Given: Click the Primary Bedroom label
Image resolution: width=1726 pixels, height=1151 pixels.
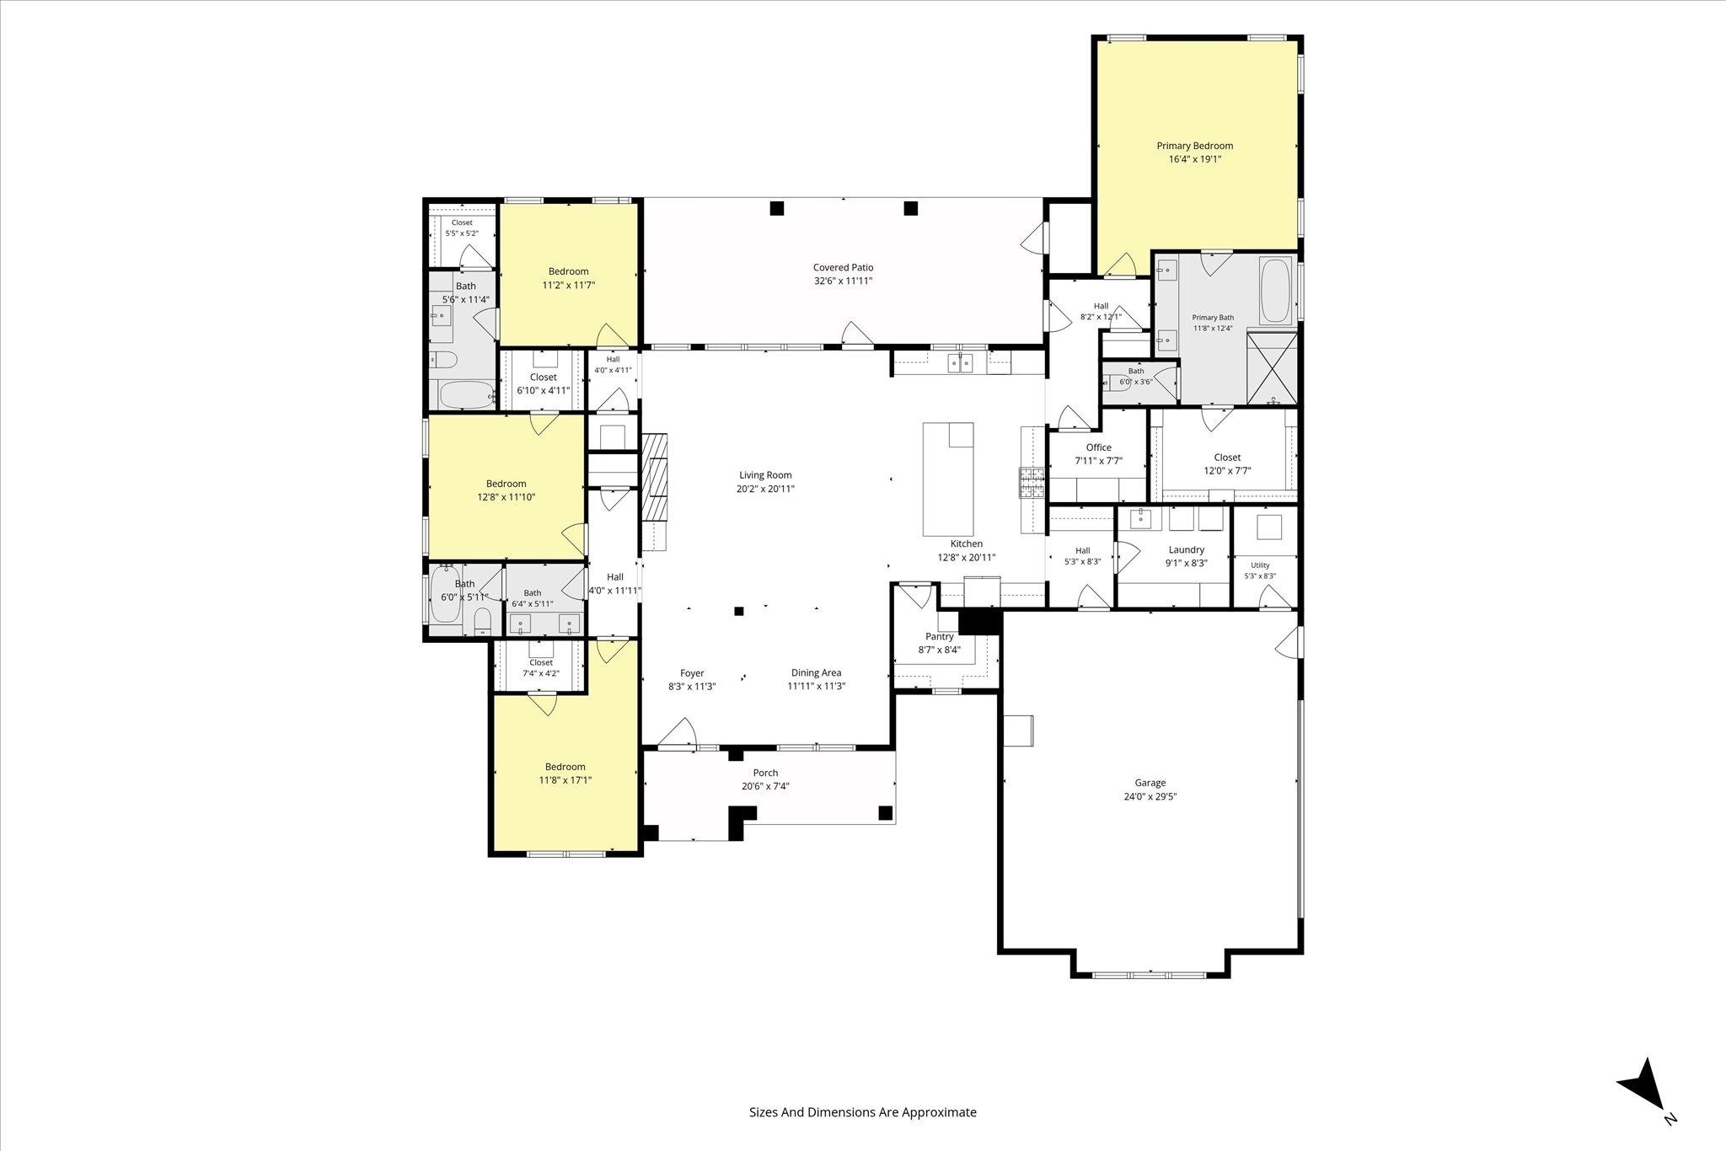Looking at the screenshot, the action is [1194, 146].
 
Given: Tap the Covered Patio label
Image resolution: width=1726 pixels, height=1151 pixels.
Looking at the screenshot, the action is [843, 268].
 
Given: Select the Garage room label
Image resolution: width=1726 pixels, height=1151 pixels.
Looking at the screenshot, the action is [1150, 783].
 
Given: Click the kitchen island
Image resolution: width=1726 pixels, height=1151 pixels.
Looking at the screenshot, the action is [948, 479].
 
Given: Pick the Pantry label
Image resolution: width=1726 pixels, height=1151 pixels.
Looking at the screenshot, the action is [939, 637].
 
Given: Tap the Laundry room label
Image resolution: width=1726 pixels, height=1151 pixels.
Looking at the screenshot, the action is [1186, 550].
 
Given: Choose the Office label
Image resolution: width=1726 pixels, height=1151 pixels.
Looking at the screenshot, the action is [1098, 447].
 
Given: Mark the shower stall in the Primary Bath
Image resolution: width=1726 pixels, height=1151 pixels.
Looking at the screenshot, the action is [1272, 369].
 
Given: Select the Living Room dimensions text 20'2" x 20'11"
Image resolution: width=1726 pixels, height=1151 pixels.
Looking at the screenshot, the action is [766, 489].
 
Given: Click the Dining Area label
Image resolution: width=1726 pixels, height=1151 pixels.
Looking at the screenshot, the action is [816, 672].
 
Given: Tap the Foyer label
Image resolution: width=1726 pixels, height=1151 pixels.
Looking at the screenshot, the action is [692, 673].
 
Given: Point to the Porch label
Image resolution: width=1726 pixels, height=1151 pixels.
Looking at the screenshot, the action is [765, 773].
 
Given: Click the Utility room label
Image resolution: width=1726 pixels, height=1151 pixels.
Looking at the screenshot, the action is [1260, 565].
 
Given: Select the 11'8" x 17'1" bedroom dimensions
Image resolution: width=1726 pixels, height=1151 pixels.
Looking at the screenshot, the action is [565, 780].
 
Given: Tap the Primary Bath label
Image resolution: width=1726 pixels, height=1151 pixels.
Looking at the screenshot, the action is [1213, 318].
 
